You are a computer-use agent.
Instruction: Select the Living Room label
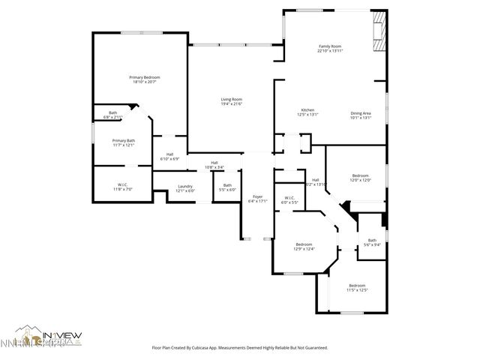pyautogui.click(x=231, y=101)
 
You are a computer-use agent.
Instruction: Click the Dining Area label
pyautogui.click(x=361, y=115)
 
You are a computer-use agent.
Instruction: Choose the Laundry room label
pyautogui.click(x=184, y=188)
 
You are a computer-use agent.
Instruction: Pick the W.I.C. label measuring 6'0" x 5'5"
pyautogui.click(x=289, y=200)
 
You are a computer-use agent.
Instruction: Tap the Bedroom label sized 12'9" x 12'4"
pyautogui.click(x=304, y=247)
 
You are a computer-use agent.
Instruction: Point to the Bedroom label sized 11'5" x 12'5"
pyautogui.click(x=357, y=287)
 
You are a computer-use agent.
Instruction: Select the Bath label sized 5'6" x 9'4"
pyautogui.click(x=372, y=242)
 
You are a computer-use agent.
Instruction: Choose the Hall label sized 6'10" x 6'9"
pyautogui.click(x=170, y=157)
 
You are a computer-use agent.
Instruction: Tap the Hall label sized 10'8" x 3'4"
pyautogui.click(x=214, y=165)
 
